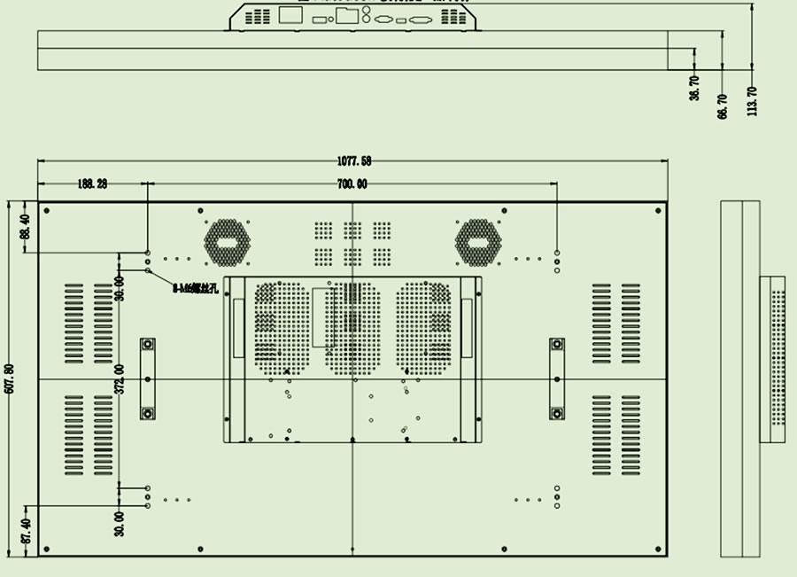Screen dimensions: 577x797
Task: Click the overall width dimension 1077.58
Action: (x=354, y=160)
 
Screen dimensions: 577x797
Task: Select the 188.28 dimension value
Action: (x=92, y=183)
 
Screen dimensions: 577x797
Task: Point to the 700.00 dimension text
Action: (x=352, y=183)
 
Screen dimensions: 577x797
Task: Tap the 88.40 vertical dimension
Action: (x=25, y=227)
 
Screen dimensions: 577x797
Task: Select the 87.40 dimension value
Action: (x=25, y=531)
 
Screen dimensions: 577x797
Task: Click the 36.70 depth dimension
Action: (x=694, y=88)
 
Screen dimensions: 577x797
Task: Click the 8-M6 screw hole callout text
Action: (x=195, y=288)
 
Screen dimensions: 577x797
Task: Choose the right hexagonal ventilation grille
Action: (x=478, y=242)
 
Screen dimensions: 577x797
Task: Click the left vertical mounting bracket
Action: (x=148, y=378)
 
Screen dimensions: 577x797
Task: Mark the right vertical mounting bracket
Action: (x=557, y=378)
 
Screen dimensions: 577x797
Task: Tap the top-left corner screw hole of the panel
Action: (x=46, y=210)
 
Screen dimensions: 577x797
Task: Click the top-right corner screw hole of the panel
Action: (x=658, y=210)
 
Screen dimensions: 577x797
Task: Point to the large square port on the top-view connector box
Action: (x=290, y=14)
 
